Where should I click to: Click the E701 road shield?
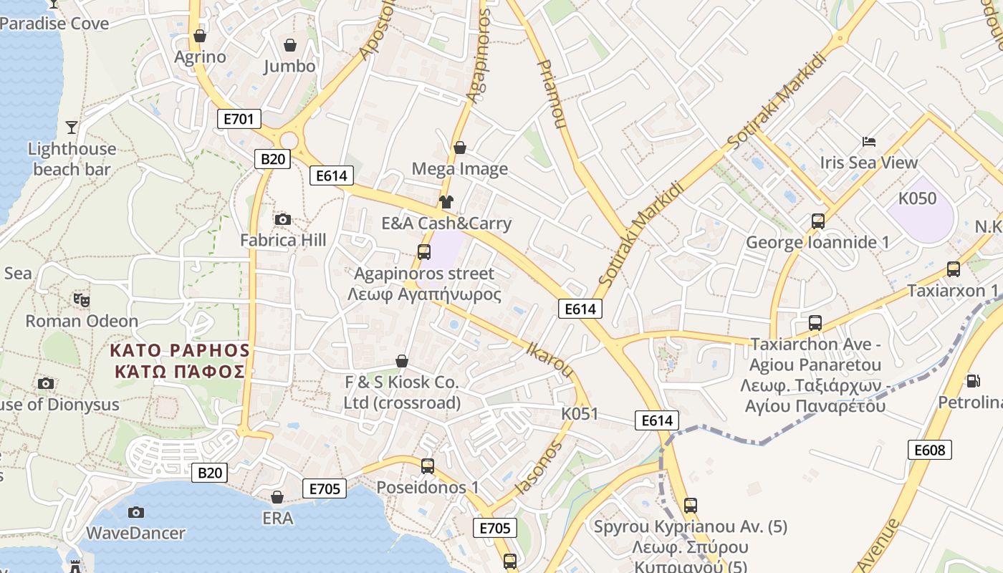pos(239,119)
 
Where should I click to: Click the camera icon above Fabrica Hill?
pos(283,219)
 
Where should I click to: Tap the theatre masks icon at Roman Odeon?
pos(82,300)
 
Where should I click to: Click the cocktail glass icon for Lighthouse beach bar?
pos(72,127)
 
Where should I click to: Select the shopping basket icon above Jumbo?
pos(290,45)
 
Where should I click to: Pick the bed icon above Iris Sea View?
pos(869,141)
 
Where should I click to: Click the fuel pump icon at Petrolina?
pos(973,381)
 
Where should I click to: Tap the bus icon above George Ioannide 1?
pos(818,221)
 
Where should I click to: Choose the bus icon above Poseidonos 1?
pos(428,466)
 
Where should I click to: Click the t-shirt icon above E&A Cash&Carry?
pos(446,202)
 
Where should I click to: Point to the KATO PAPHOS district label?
pos(179,361)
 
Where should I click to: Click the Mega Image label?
pos(460,169)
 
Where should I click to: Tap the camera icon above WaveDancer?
pos(135,512)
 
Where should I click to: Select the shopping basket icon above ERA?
pos(277,496)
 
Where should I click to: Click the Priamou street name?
pos(551,93)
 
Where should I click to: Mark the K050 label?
pos(917,198)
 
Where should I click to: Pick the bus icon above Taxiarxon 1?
pos(953,269)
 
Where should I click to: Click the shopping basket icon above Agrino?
pos(200,36)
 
